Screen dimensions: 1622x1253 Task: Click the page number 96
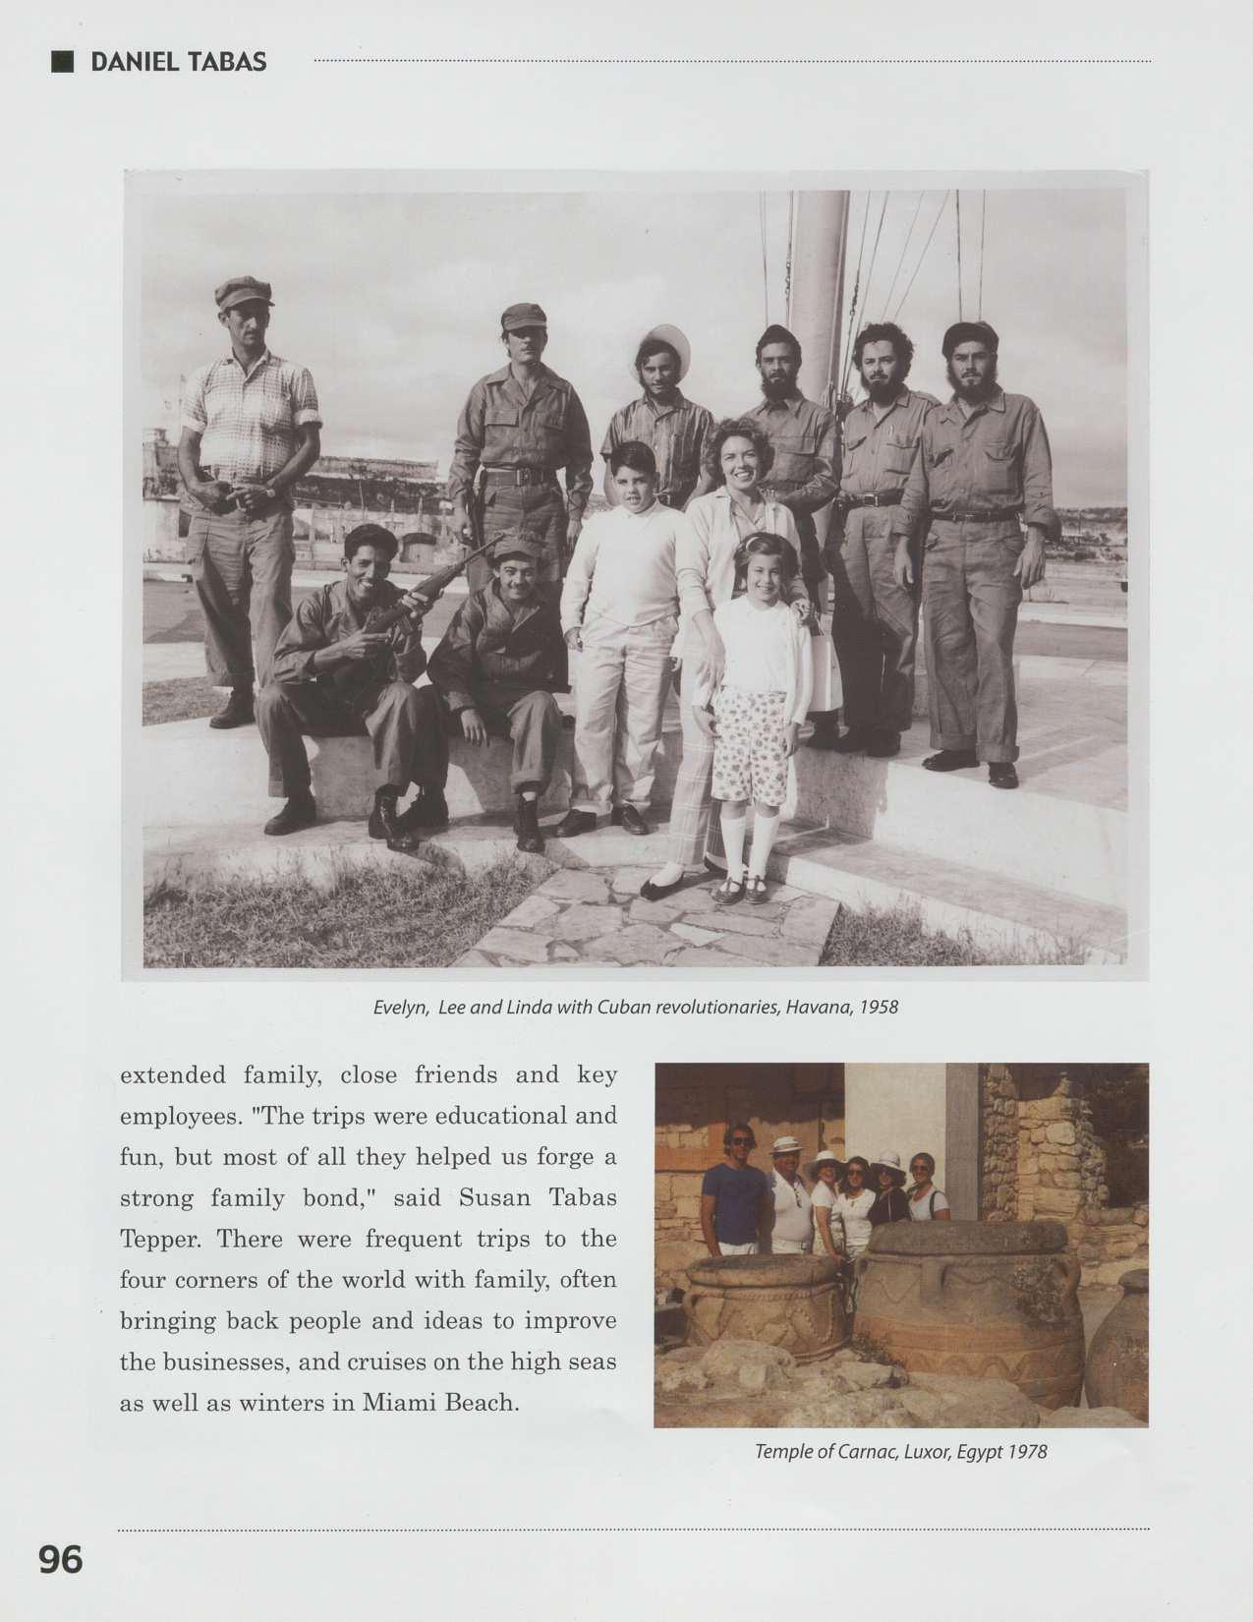60,1559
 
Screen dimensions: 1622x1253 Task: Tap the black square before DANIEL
63,62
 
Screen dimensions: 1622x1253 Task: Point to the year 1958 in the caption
879,1008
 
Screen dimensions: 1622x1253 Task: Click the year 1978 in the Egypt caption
1028,1451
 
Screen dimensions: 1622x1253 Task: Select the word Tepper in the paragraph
160,1240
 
